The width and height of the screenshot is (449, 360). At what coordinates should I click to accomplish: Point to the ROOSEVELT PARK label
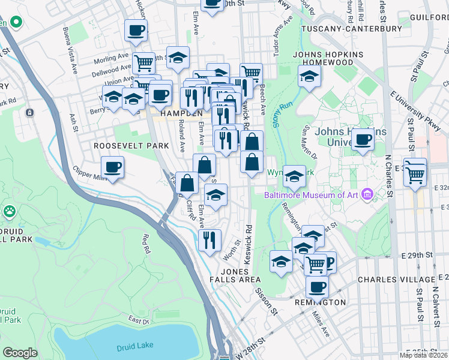pos(123,146)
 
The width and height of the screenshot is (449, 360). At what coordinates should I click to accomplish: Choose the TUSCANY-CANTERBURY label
pos(351,28)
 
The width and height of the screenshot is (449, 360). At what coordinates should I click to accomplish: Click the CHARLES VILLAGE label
pos(396,280)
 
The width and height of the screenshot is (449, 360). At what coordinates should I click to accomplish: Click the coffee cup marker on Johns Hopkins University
pos(363,140)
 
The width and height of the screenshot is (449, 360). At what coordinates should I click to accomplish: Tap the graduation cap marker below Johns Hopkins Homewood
pos(309,76)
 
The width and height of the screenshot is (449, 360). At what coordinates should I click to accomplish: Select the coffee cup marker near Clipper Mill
pos(112,166)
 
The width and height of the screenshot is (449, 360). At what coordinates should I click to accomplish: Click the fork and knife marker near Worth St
pos(209,240)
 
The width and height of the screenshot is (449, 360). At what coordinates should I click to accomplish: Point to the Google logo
pos(20,352)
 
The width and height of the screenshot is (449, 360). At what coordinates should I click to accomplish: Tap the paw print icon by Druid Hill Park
pos(10,211)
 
